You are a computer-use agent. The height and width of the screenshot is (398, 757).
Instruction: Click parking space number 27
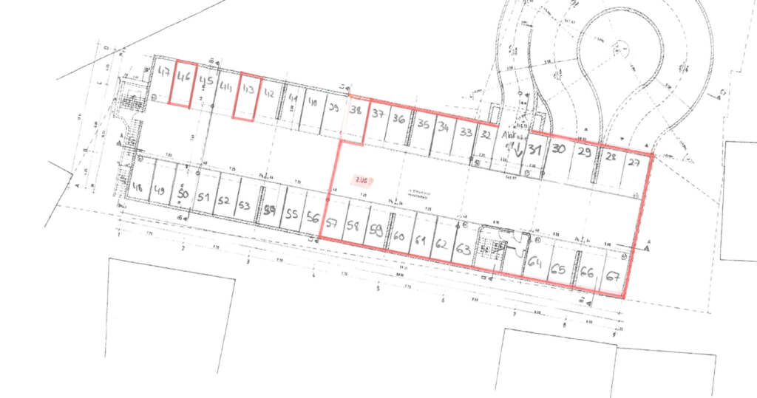pos(634,163)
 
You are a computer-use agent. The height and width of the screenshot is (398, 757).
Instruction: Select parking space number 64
pos(535,261)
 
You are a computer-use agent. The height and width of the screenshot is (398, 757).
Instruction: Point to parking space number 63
pos(464,248)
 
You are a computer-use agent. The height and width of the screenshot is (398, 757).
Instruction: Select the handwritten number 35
pos(423,124)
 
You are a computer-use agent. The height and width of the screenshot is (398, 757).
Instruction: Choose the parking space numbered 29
pos(585,154)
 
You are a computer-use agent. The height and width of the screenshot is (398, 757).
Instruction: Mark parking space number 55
pos(292,215)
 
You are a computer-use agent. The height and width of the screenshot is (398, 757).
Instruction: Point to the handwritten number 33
pos(466,133)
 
